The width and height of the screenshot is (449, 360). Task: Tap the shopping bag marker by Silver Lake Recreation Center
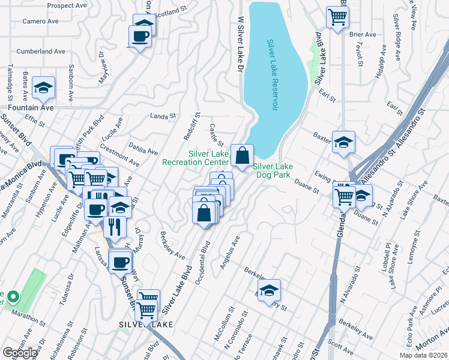pos(241,156)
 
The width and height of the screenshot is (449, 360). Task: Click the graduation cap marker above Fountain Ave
pos(43,89)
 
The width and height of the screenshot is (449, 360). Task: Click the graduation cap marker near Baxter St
pos(343,143)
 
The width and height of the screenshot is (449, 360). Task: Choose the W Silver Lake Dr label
pos(240,45)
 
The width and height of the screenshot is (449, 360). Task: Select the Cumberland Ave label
pos(41,52)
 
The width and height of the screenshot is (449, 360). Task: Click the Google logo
pos(20,353)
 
